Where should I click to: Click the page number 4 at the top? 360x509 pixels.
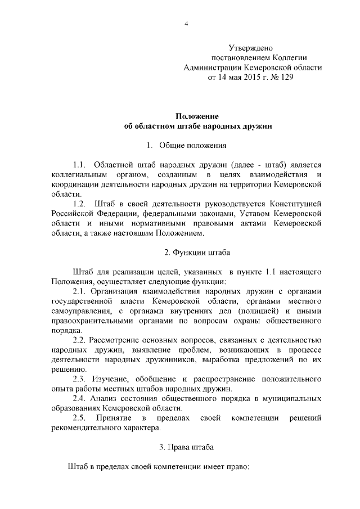click(x=186, y=22)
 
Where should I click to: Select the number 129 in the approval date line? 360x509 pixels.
click(x=286, y=78)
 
